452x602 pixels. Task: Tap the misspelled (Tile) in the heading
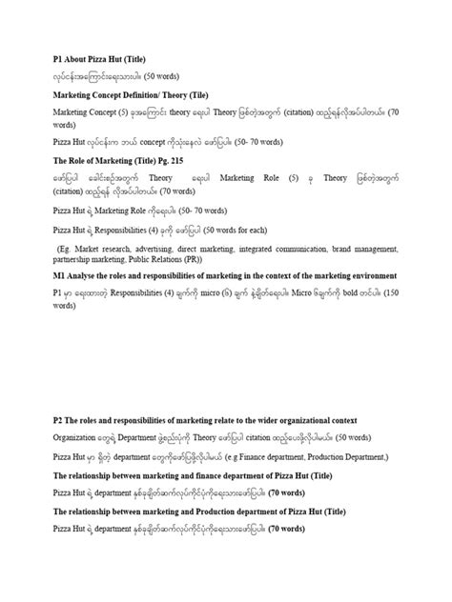[213, 95]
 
